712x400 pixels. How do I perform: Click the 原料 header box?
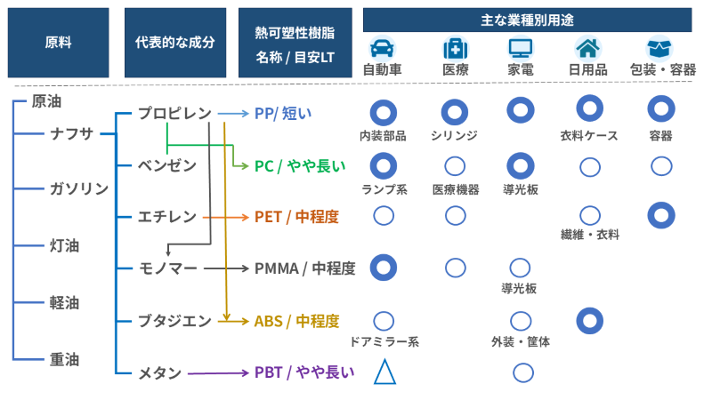58,42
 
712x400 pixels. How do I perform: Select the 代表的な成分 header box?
174,42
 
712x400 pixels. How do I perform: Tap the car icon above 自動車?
383,48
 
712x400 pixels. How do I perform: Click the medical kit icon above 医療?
454,48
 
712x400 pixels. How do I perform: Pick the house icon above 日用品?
588,48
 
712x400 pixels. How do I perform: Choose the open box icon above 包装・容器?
660,48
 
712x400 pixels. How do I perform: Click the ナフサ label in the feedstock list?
71,134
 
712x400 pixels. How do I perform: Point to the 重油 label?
64,359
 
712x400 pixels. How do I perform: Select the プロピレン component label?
174,113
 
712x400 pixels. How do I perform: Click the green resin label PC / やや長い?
299,165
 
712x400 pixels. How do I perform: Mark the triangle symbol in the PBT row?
384,372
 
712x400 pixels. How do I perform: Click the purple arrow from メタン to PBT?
217,373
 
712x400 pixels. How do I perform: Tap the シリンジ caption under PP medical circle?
454,136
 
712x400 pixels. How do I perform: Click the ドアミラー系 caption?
384,341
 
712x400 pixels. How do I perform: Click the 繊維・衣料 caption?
589,236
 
